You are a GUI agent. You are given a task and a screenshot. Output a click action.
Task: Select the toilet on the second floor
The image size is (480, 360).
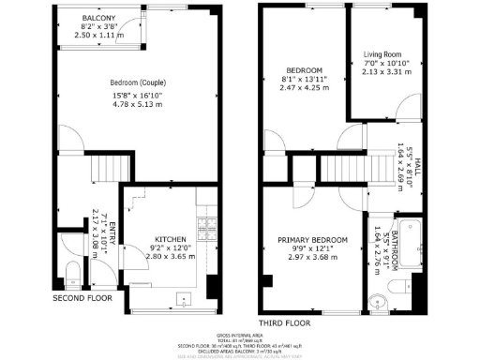[x=71, y=273]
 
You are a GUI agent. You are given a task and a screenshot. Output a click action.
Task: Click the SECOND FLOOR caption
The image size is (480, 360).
[x=82, y=298]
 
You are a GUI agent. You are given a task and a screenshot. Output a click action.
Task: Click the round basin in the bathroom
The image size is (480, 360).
[x=377, y=301]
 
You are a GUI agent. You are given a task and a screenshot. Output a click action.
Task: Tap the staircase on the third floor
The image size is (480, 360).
[x=364, y=169]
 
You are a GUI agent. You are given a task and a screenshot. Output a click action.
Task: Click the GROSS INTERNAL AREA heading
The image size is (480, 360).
[x=241, y=334]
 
